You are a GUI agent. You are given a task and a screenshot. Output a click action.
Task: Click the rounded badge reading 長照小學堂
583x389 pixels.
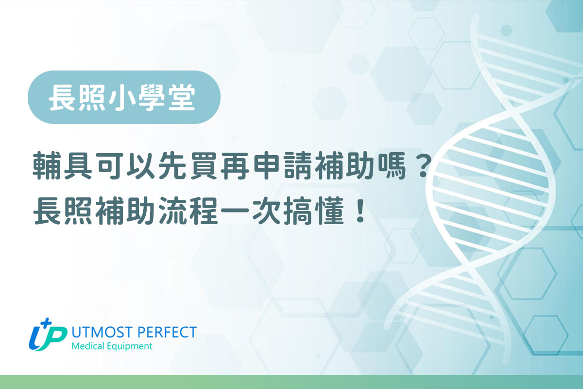tap(124, 97)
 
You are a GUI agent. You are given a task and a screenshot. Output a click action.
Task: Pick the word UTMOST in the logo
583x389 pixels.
tap(97, 333)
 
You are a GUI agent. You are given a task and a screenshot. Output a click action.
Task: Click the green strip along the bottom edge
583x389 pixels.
tap(291, 382)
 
